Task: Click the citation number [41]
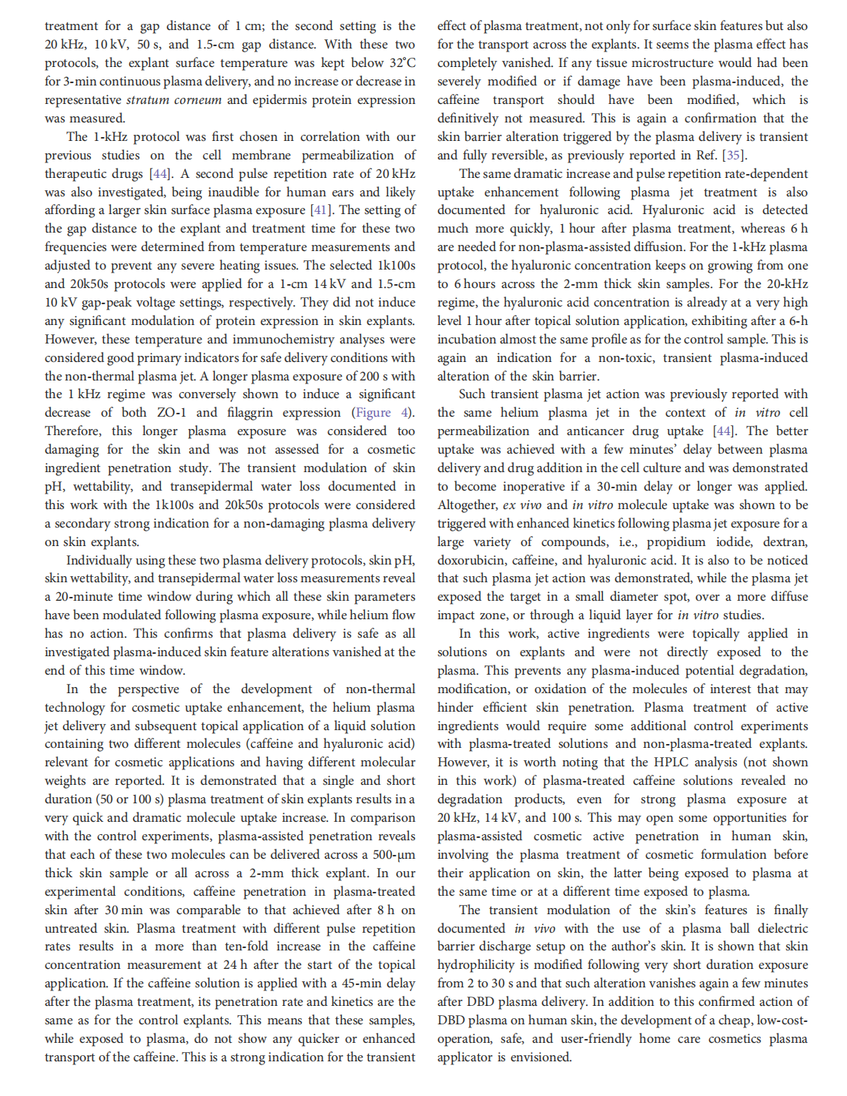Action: [322, 210]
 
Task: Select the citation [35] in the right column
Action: [732, 155]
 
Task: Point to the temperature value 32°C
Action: [402, 63]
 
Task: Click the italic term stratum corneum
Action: [173, 100]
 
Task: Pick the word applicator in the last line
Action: [464, 1057]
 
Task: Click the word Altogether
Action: [467, 505]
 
